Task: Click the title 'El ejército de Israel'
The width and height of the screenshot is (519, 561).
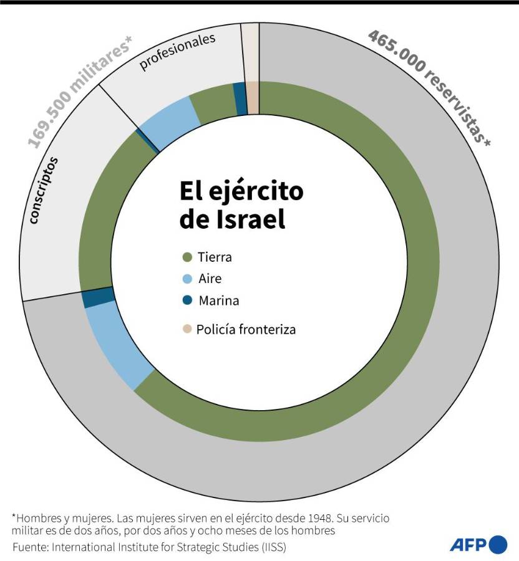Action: [241, 204]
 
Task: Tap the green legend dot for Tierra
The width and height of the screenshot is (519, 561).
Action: [187, 257]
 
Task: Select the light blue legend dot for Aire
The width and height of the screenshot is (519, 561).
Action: [187, 279]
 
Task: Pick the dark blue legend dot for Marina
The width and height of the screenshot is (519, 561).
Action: [187, 300]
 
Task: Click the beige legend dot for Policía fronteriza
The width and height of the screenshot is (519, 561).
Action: [187, 329]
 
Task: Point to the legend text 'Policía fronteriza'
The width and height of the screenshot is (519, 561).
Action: [246, 329]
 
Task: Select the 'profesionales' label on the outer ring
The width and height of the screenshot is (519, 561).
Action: [177, 52]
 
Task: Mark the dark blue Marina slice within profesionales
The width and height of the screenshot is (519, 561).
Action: [240, 98]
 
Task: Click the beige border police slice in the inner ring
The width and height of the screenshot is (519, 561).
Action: [253, 98]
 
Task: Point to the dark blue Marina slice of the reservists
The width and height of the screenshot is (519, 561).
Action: [98, 298]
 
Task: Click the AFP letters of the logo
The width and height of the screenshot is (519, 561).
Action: [467, 544]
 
